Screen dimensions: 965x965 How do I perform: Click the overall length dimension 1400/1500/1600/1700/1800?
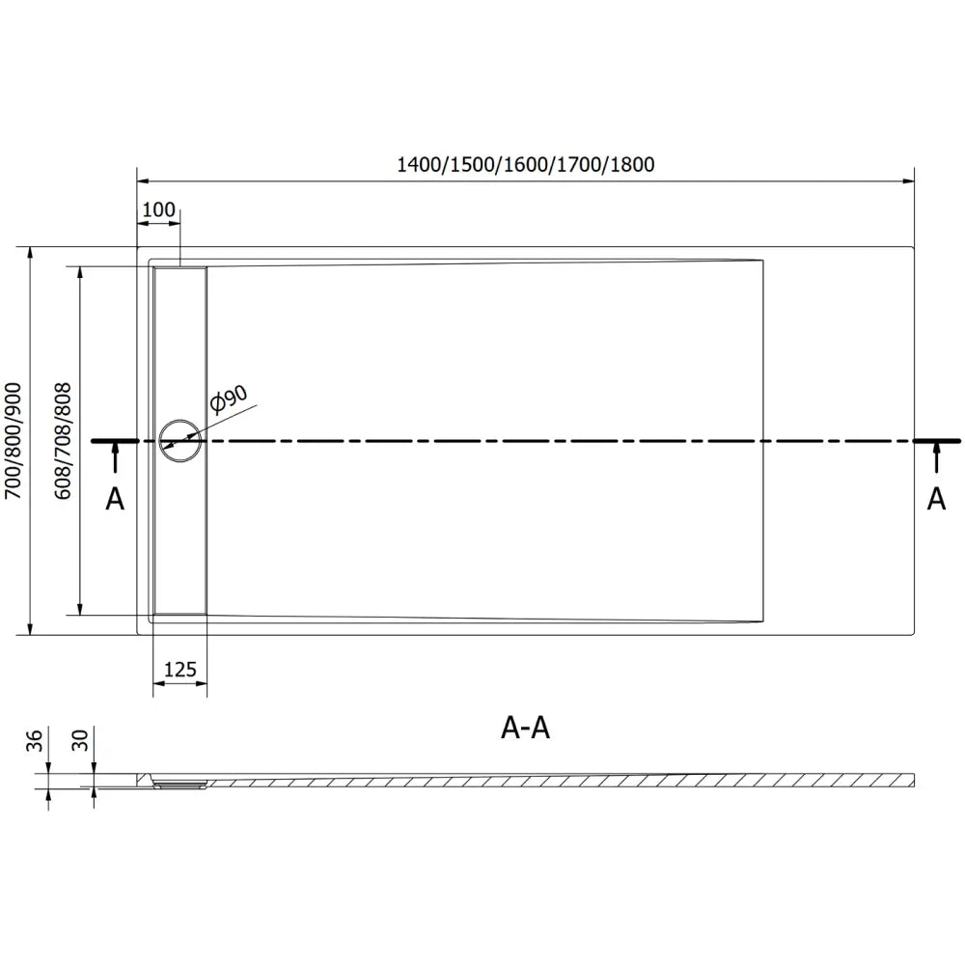(526, 164)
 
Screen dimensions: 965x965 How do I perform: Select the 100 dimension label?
(158, 210)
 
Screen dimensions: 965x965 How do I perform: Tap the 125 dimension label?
(179, 669)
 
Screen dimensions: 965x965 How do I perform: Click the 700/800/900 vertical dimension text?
(13, 440)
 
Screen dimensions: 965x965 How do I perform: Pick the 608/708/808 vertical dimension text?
(64, 440)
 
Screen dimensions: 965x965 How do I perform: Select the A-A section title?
(526, 729)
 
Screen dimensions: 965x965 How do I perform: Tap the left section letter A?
(115, 498)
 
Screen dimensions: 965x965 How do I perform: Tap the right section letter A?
(936, 498)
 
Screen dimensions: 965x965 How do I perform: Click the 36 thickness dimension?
(35, 741)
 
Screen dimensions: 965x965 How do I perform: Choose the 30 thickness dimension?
(81, 741)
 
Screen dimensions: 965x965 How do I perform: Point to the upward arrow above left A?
(115, 458)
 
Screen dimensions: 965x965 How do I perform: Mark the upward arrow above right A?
(936, 458)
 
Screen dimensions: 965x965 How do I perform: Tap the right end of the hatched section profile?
(911, 779)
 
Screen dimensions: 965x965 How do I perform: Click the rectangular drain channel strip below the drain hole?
(179, 540)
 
